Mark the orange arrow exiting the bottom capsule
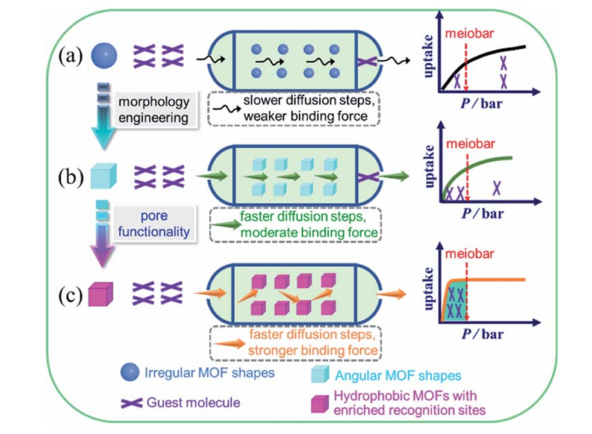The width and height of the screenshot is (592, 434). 390,293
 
